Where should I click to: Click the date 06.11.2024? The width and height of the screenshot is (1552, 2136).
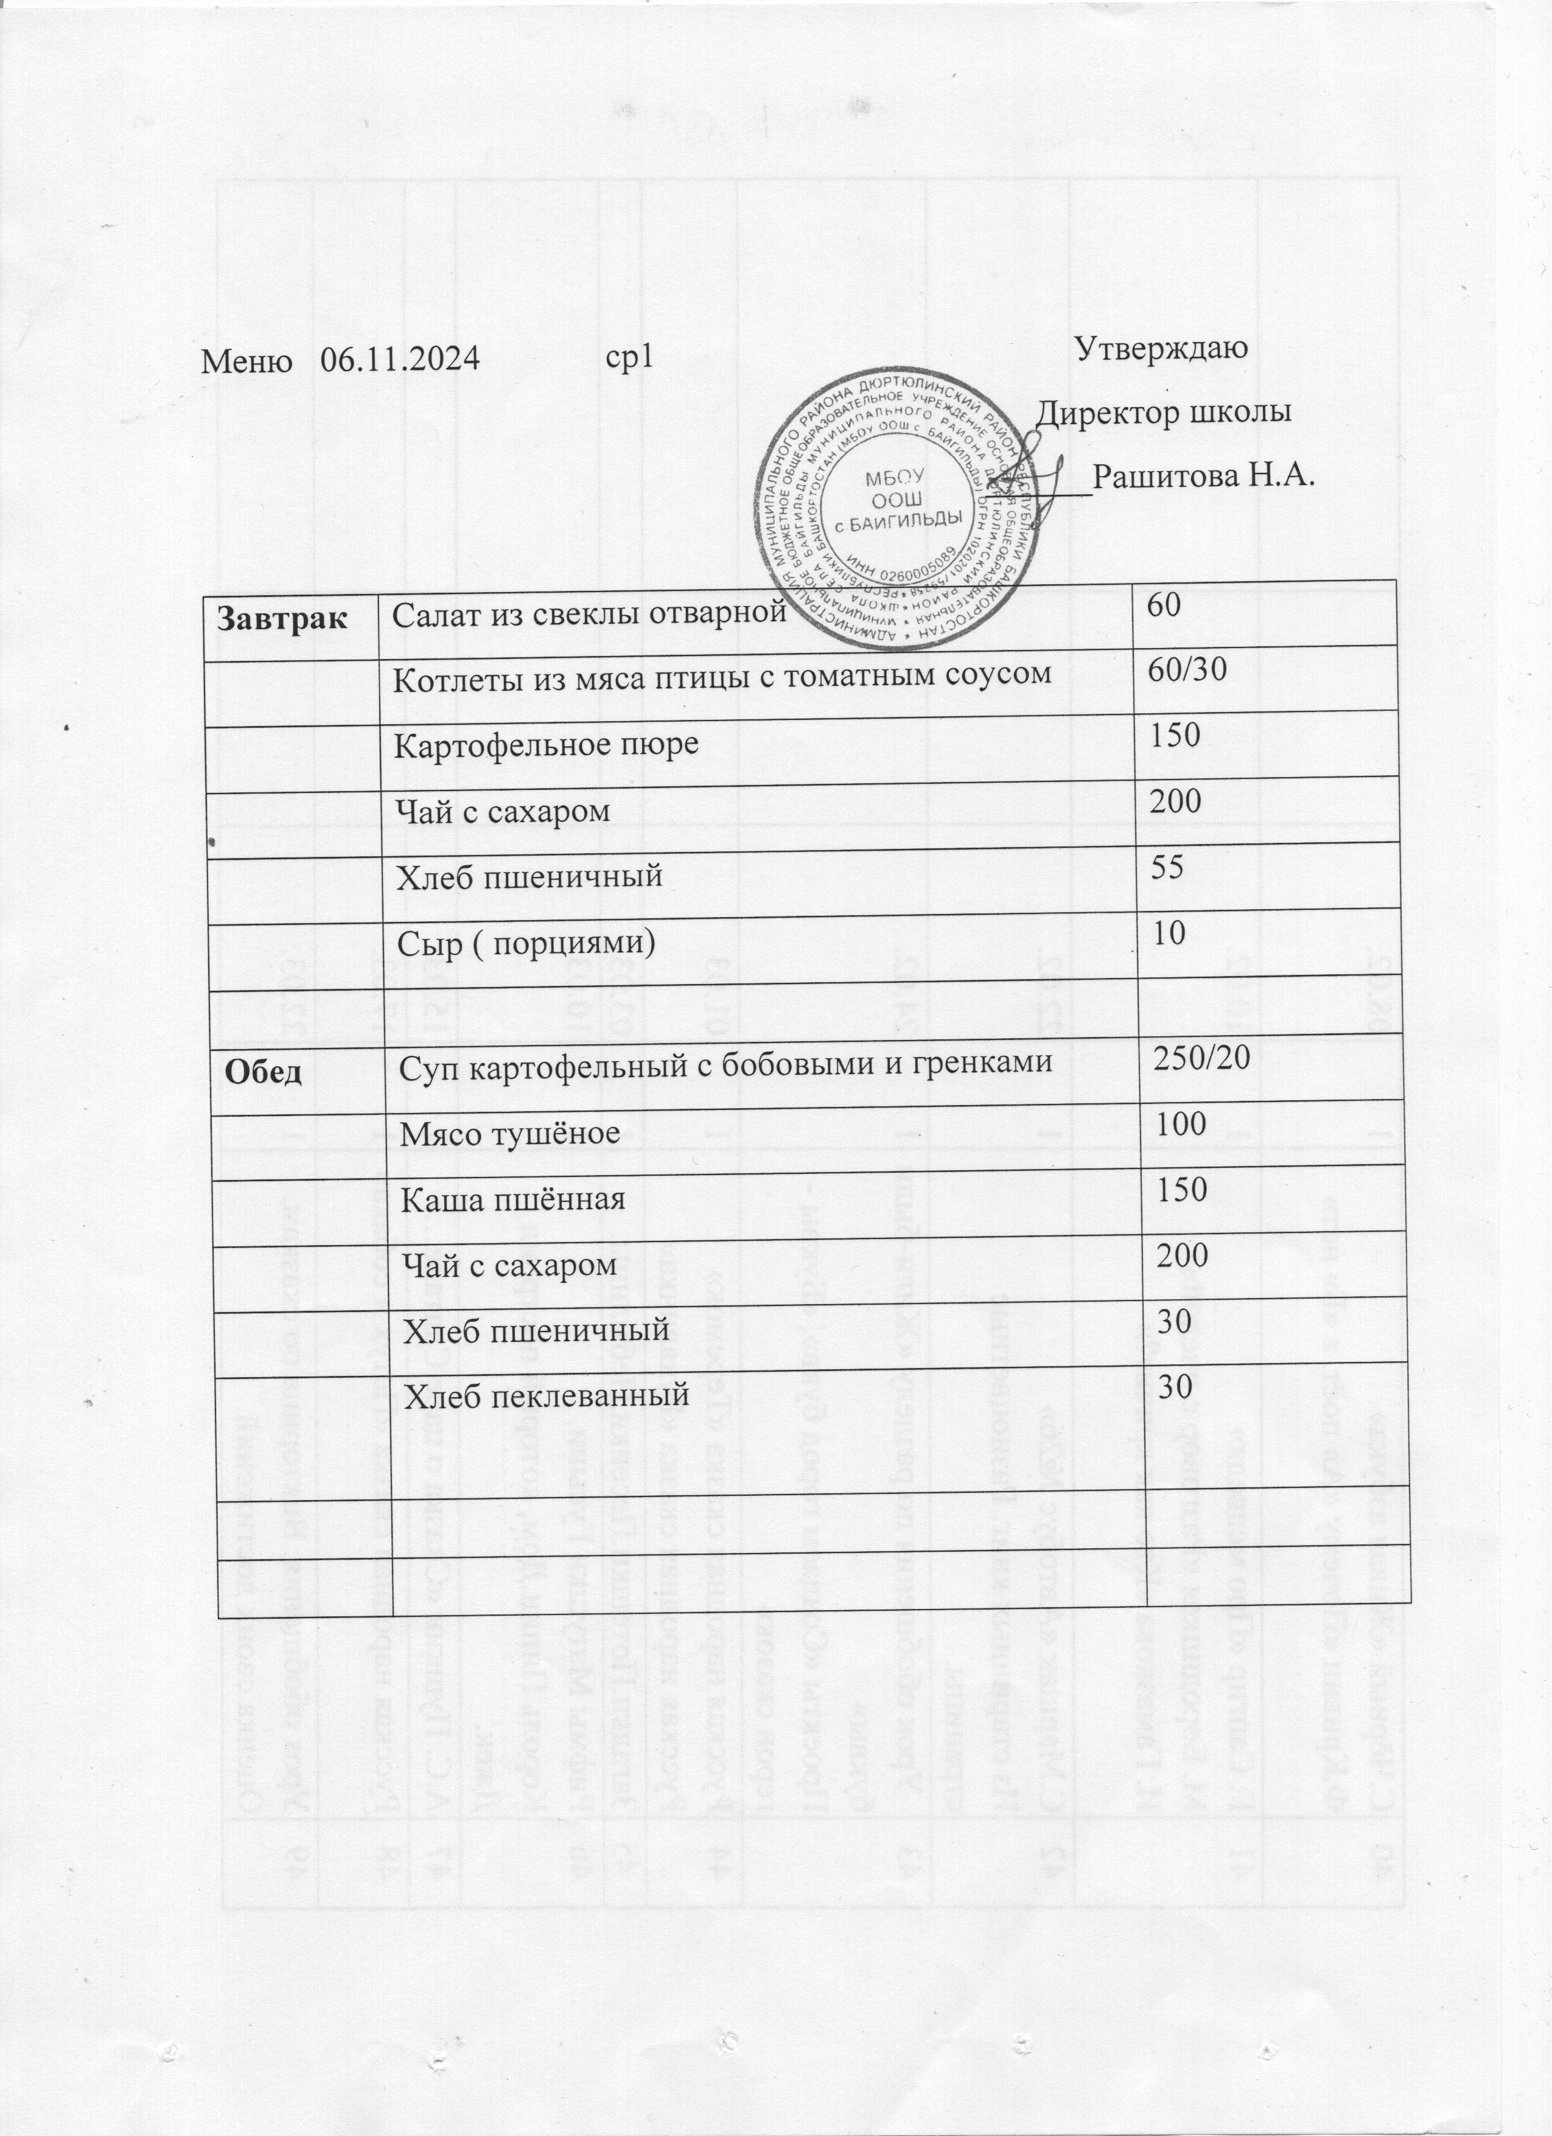[400, 359]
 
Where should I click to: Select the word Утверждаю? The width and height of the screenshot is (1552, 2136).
[1161, 347]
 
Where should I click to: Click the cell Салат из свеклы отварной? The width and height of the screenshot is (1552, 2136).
[589, 613]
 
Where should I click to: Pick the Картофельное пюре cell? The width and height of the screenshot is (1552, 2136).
[545, 744]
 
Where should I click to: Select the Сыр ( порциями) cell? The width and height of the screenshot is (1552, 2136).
[523, 941]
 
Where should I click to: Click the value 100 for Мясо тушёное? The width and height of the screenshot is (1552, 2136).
[1175, 1123]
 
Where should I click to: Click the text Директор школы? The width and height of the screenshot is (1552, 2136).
[1163, 413]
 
